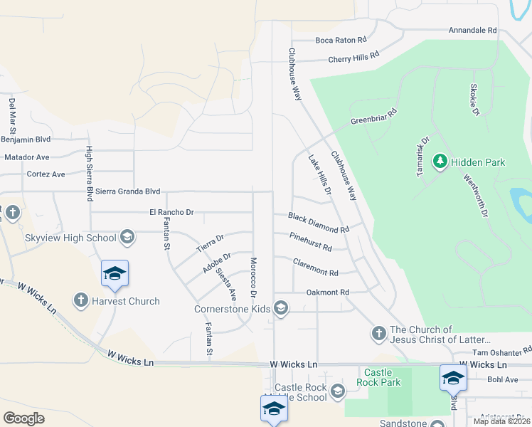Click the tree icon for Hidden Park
tap(440, 162)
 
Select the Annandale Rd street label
tap(472, 31)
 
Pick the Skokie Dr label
tap(474, 100)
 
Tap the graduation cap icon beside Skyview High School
tap(127, 237)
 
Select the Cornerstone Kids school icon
tap(281, 309)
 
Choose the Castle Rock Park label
tap(382, 377)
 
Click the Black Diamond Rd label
tap(318, 223)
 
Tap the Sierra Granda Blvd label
tap(128, 191)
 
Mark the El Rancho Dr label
tap(171, 212)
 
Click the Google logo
tap(23, 418)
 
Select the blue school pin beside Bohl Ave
tap(453, 377)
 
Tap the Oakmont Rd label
tap(327, 292)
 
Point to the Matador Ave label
tap(27, 157)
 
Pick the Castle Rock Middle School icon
tap(338, 391)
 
